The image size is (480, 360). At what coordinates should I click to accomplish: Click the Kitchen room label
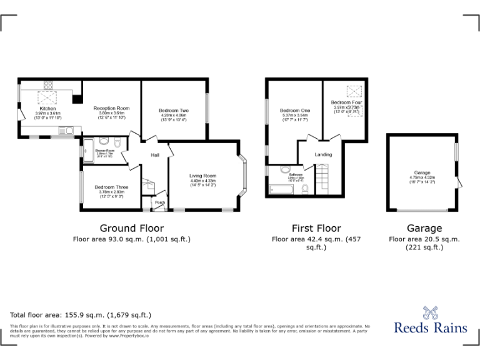pyautogui.click(x=47, y=108)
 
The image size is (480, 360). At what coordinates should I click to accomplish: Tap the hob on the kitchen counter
pyautogui.click(x=48, y=85)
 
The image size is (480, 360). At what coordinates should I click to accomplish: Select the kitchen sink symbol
pyautogui.click(x=66, y=130)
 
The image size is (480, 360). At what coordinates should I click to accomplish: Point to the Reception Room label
pyautogui.click(x=112, y=108)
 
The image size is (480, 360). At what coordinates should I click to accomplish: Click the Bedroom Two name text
pyautogui.click(x=174, y=111)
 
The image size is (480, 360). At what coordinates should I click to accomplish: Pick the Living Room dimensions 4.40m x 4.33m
pyautogui.click(x=202, y=181)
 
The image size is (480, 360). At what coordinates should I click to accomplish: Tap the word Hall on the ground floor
pyautogui.click(x=154, y=156)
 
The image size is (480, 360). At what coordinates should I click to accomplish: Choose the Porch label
pyautogui.click(x=160, y=202)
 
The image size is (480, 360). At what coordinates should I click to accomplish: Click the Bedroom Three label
pyautogui.click(x=112, y=187)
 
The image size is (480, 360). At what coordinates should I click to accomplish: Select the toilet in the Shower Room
pyautogui.click(x=104, y=141)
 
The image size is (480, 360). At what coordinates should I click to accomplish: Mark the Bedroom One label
pyautogui.click(x=295, y=111)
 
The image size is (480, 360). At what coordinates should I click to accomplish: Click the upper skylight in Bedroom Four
pyautogui.click(x=355, y=91)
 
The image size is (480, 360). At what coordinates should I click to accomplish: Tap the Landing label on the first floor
pyautogui.click(x=323, y=154)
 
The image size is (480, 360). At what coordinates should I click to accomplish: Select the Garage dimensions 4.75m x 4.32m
pyautogui.click(x=422, y=177)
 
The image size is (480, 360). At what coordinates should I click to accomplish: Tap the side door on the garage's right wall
pyautogui.click(x=459, y=181)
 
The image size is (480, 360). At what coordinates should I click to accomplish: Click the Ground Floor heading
pyautogui.click(x=132, y=228)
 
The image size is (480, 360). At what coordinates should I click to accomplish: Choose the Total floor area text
pyautogui.click(x=81, y=315)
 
